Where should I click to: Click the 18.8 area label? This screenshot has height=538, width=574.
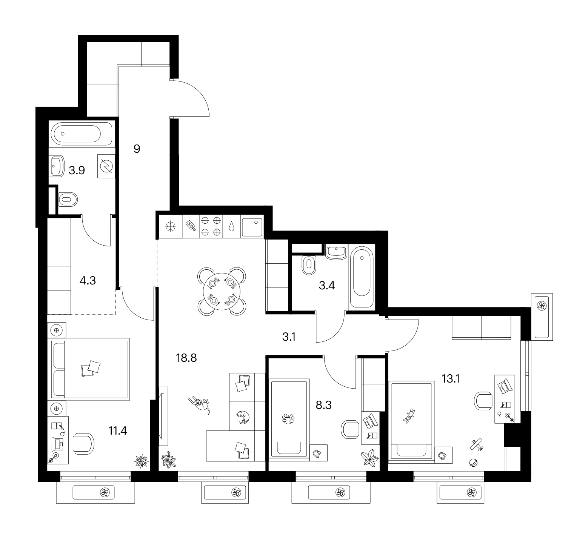[x=186, y=358]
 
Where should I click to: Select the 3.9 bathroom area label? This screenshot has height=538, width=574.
[x=77, y=171]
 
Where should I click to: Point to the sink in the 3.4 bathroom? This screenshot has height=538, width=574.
[x=335, y=252]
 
